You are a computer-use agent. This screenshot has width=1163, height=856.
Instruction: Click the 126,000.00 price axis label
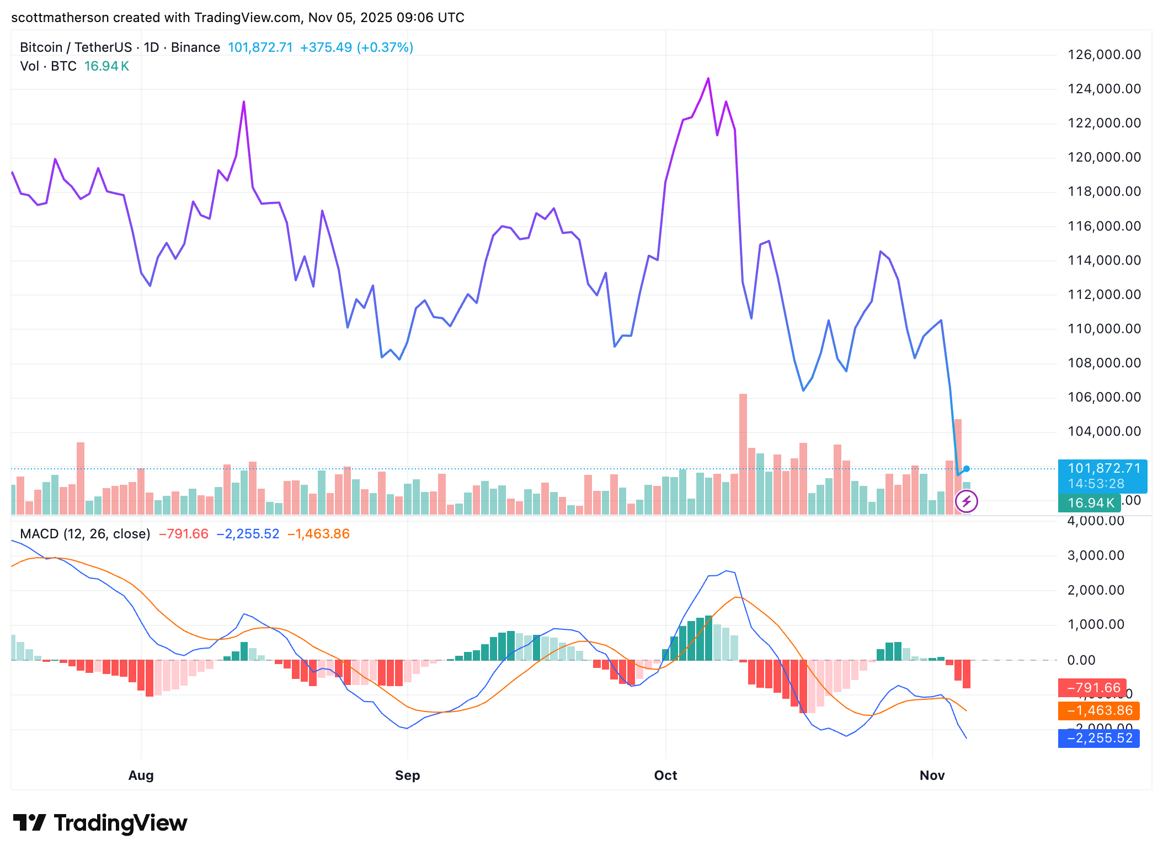(1104, 55)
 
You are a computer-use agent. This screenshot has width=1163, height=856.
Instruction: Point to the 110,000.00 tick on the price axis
(1104, 329)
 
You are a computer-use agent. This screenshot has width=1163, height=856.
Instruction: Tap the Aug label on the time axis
(141, 775)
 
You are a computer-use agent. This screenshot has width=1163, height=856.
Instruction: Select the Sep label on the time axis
(407, 775)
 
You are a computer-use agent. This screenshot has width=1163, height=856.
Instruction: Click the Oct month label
(665, 775)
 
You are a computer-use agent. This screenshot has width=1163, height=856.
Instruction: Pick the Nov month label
(932, 775)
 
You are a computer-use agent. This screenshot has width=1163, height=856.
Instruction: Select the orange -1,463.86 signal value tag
(1098, 710)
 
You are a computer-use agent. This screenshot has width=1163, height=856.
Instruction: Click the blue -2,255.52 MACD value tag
(1098, 738)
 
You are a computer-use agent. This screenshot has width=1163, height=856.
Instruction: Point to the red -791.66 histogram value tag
(1092, 688)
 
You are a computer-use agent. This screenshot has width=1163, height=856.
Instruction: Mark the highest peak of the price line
(708, 79)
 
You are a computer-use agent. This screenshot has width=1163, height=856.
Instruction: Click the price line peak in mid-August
(244, 102)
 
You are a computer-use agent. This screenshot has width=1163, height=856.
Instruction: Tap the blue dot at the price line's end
(967, 469)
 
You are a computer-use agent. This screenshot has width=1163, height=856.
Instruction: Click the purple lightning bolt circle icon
(966, 501)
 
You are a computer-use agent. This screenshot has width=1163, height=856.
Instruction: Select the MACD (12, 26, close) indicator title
(85, 534)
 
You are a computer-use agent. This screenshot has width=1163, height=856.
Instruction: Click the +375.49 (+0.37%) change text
(356, 47)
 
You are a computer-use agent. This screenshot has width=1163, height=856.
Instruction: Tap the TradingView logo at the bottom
(100, 823)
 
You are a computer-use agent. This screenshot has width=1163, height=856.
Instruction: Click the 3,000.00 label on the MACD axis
(1095, 555)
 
